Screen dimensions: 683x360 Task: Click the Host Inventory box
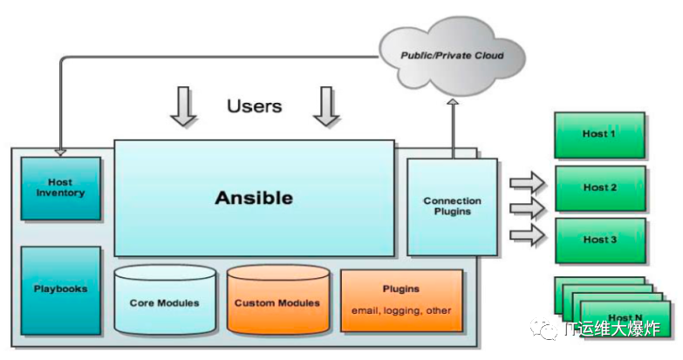coord(60,188)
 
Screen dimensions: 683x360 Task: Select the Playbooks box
coord(60,290)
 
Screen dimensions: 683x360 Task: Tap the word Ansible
coord(254,198)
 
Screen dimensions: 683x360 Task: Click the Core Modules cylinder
coord(165,301)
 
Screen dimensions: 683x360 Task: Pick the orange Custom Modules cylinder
coord(278,301)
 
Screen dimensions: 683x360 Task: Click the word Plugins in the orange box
coord(401,289)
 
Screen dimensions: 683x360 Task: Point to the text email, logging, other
coord(401,311)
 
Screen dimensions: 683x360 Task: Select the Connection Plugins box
coord(452,207)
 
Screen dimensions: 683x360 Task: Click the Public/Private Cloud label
coord(452,56)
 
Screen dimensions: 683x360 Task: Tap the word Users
coord(255,106)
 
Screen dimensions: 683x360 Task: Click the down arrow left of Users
coord(183,106)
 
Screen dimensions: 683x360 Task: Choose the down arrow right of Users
coord(326,106)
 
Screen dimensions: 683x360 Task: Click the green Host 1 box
coord(599,135)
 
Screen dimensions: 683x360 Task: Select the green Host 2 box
coord(600,188)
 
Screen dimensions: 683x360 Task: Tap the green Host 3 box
coord(600,241)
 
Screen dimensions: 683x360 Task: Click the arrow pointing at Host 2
coord(527,208)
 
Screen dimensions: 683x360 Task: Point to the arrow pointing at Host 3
coord(527,235)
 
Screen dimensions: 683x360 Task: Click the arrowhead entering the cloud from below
coord(453,102)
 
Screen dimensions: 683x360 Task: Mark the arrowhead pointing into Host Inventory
coord(60,153)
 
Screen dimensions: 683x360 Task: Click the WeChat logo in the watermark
coord(543,329)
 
